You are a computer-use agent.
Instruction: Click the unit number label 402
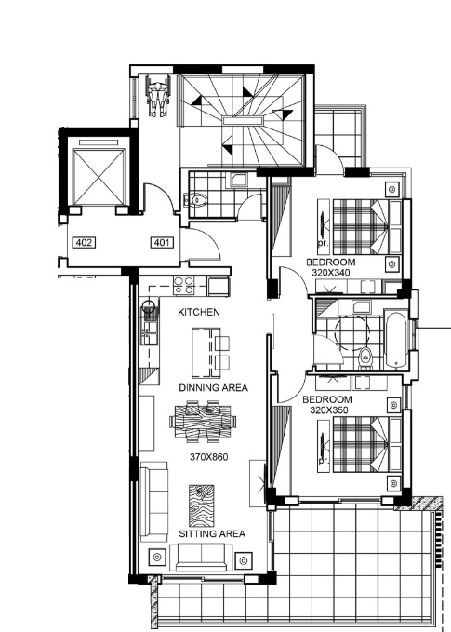(85, 243)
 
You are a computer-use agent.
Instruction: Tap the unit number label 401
(162, 243)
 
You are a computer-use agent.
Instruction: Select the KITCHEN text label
(199, 313)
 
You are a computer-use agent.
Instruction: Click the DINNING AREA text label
(213, 387)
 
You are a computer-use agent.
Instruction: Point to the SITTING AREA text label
(212, 533)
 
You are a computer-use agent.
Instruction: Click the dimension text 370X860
(208, 457)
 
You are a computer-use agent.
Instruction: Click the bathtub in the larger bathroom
(394, 339)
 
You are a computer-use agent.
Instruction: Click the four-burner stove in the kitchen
(184, 286)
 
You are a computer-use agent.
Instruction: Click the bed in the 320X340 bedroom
(358, 227)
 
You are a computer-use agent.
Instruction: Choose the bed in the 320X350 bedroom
(358, 445)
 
